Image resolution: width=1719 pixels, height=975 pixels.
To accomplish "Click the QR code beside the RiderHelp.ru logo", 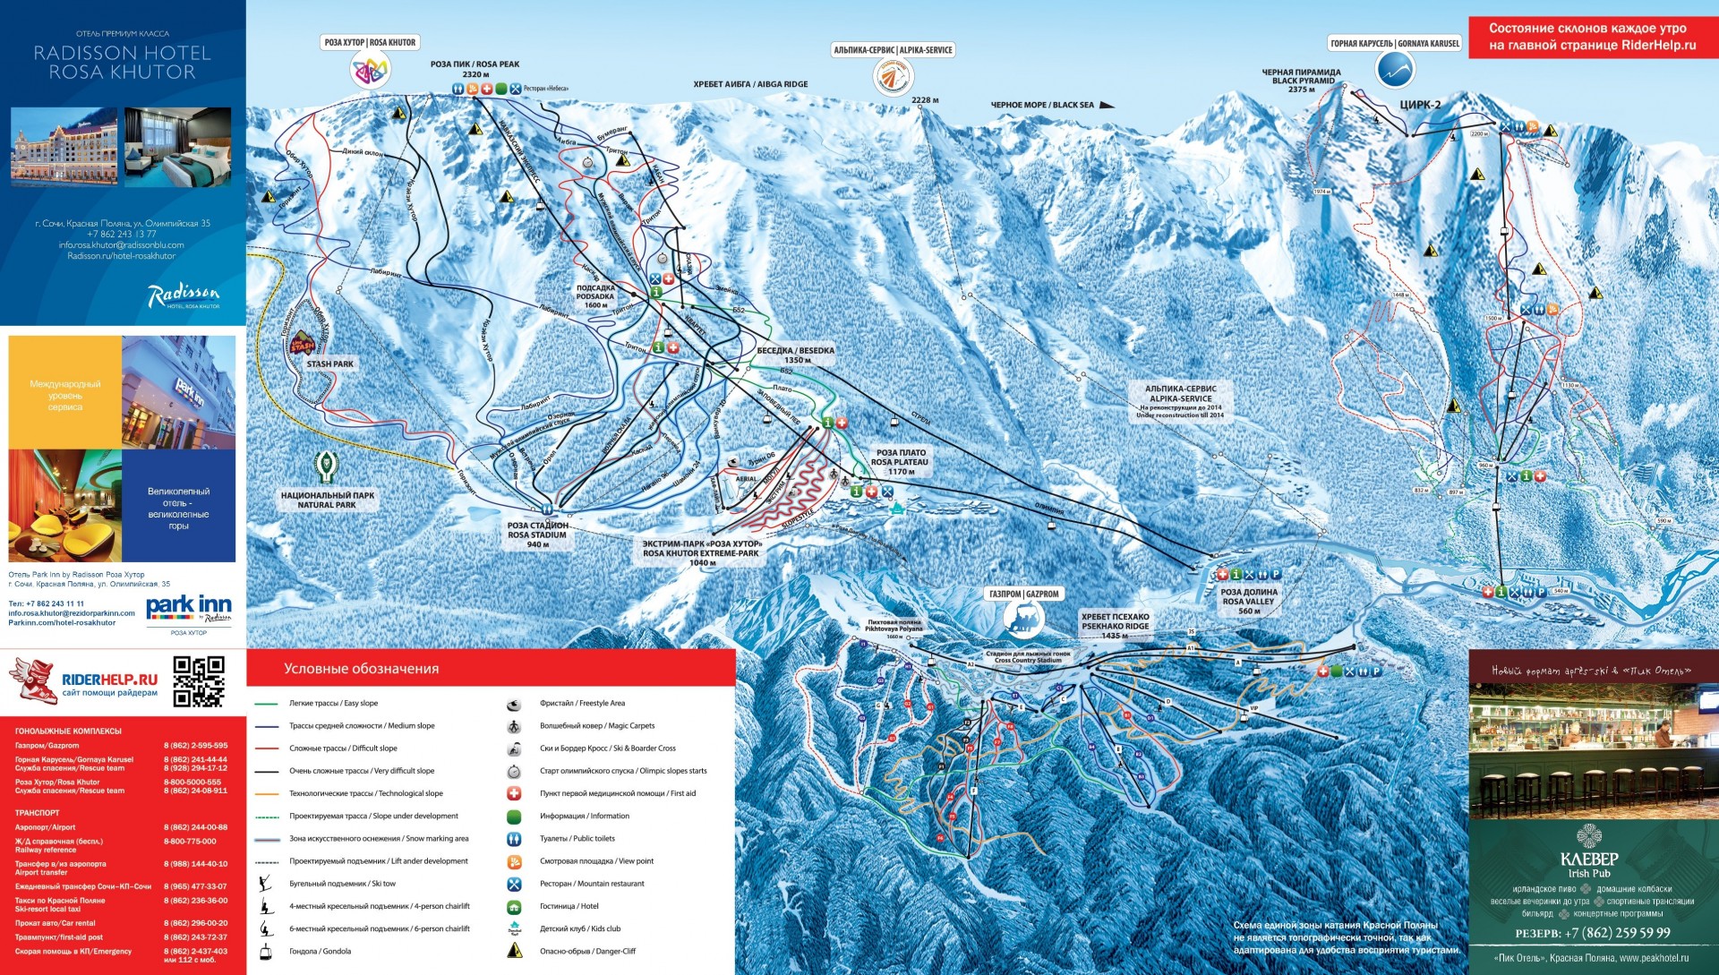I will tap(198, 681).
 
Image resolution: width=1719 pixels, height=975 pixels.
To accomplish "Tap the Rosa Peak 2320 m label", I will tap(475, 69).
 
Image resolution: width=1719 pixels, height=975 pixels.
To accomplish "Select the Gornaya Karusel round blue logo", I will tap(1394, 69).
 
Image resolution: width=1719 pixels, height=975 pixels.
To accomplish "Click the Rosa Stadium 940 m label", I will tap(537, 535).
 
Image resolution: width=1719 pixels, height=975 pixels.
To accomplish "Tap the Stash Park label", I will tap(329, 364).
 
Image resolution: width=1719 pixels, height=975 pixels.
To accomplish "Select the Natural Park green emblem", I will tap(327, 467).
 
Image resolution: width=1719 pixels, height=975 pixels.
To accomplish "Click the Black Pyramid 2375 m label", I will tap(1301, 81).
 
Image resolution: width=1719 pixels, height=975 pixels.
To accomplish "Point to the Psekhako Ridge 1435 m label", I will tap(1115, 626).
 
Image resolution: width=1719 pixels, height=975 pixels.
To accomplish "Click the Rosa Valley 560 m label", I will tap(1248, 602).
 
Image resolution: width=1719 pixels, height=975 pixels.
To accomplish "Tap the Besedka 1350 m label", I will tap(796, 355).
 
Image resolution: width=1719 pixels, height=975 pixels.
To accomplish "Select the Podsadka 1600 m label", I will tap(595, 296).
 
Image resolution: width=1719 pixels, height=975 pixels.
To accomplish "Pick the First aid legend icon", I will tap(514, 793).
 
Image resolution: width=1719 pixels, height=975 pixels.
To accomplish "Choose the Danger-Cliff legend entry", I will tap(587, 952).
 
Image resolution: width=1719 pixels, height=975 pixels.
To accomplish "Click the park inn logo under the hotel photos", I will tap(188, 608).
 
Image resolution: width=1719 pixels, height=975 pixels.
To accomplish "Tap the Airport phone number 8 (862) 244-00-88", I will tap(195, 827).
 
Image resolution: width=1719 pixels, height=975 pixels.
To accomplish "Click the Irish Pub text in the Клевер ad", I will tap(1589, 874).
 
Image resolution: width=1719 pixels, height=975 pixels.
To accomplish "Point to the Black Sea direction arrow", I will tap(1108, 105).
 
